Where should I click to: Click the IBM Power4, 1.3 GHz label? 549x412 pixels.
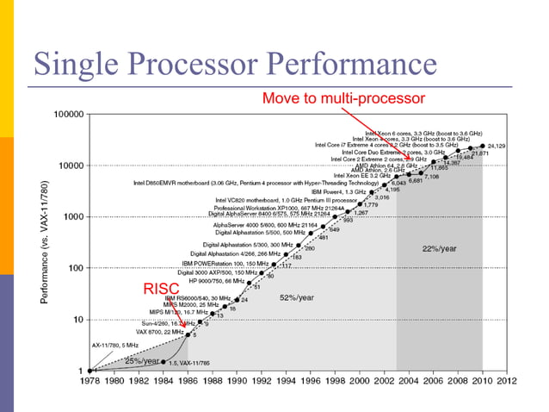(x=343, y=190)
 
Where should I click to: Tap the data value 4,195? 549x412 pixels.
(x=392, y=190)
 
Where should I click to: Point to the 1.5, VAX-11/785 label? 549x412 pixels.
(x=189, y=364)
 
